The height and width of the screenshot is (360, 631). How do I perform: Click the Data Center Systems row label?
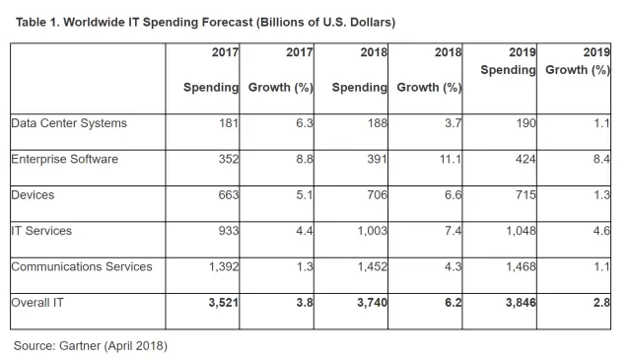coord(69,123)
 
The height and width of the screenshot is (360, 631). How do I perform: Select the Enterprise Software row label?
coord(66,159)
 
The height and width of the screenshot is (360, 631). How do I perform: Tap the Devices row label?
coord(33,195)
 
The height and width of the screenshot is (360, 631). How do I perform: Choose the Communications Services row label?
coord(81,266)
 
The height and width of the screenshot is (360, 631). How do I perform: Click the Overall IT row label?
coord(36,303)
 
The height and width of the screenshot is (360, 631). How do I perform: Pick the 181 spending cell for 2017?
coord(227,123)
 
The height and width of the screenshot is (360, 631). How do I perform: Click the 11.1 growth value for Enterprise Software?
coord(450,159)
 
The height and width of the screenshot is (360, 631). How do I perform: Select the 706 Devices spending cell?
coord(375,195)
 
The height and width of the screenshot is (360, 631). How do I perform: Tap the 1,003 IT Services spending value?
coord(370,231)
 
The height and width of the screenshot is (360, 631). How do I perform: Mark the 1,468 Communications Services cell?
coord(518,266)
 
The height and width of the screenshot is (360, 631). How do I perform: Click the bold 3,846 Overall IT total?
coord(518,303)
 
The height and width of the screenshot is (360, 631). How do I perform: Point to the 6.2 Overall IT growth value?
coord(453,303)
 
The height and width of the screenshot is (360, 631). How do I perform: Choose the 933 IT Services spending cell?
coord(227,231)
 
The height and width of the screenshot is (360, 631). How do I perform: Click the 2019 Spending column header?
coord(509,61)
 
